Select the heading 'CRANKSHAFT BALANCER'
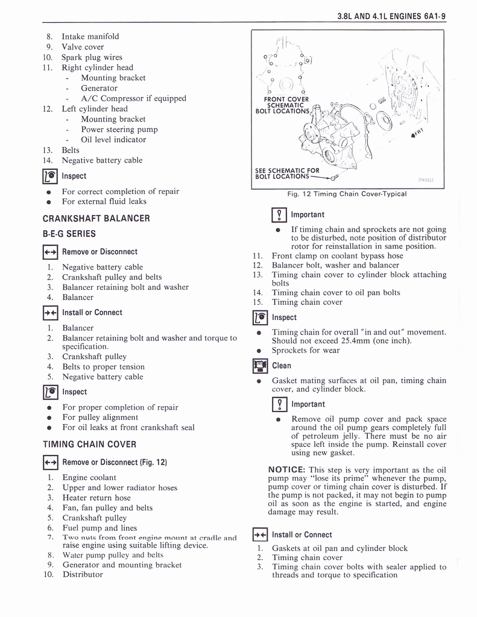pos(96,218)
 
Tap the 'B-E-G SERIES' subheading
pos(69,234)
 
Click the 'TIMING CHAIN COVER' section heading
pos(89,444)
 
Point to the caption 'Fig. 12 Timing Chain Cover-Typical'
pos(347,194)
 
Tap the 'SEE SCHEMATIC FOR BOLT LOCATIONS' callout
pos(288,174)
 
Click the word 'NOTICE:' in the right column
pos(287,470)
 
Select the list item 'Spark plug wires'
pos(92,57)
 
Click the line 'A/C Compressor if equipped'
pos(133,98)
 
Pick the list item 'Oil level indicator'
pos(113,139)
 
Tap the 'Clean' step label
pos(282,366)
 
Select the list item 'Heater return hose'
pos(96,498)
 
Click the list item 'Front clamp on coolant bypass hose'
pos(338,255)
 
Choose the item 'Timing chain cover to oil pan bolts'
pos(336,293)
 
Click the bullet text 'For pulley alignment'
pos(100,417)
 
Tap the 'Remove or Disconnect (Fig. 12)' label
pos(115,462)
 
